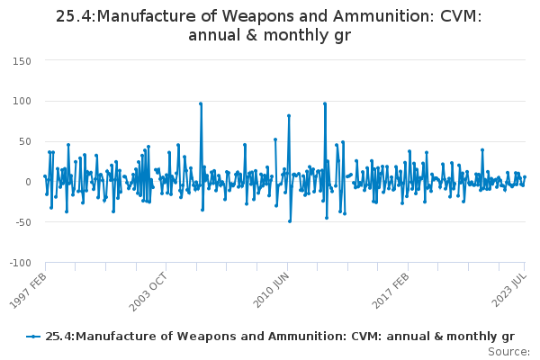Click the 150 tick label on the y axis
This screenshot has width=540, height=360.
(x=22, y=61)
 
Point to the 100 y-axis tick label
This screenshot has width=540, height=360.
(x=22, y=102)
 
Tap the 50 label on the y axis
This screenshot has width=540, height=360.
(x=24, y=141)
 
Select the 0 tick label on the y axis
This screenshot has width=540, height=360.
(x=28, y=182)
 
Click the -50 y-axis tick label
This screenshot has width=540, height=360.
(x=22, y=222)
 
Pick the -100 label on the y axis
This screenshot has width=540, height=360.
(x=21, y=263)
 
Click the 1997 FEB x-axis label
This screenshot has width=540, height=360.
(x=28, y=291)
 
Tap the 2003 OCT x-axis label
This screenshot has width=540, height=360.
(x=148, y=292)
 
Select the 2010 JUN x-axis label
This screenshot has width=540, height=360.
(x=271, y=290)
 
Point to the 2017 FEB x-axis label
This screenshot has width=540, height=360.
(x=391, y=291)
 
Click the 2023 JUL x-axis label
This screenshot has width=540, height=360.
(x=509, y=290)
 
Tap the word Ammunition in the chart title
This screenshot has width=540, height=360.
(x=383, y=16)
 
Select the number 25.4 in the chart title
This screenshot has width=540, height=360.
(x=75, y=16)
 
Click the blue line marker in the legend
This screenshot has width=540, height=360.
(x=33, y=337)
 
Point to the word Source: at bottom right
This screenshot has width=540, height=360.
(x=508, y=352)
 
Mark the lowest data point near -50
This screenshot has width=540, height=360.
(x=290, y=221)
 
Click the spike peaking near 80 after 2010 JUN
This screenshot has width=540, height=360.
(x=289, y=116)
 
